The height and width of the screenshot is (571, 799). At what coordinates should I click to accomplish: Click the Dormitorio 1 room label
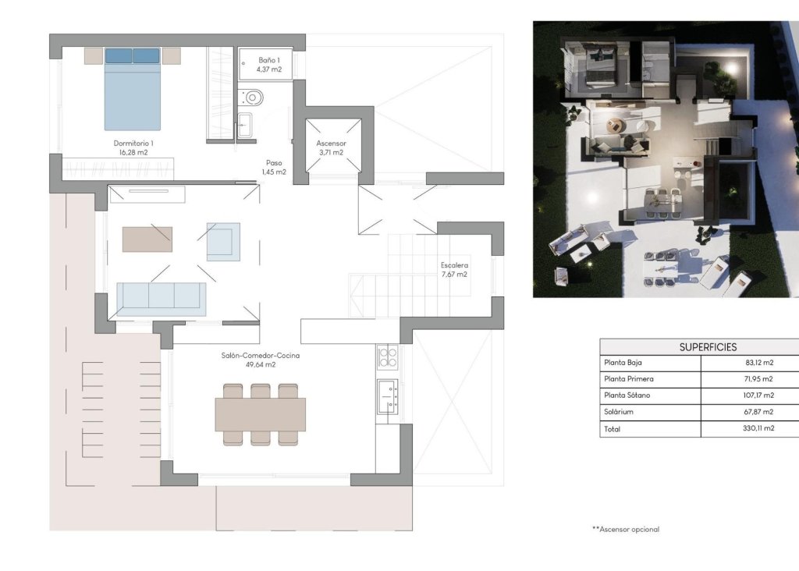click(133, 148)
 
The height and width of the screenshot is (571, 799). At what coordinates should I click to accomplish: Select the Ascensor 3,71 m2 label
click(331, 148)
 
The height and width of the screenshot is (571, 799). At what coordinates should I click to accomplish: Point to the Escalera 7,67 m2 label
click(453, 269)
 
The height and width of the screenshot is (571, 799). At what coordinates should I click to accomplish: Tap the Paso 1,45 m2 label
click(273, 167)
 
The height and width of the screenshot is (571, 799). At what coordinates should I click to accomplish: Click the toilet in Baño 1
click(252, 98)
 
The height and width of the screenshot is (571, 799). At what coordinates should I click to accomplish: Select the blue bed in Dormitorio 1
click(133, 89)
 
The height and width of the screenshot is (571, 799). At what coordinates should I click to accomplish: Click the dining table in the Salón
click(260, 414)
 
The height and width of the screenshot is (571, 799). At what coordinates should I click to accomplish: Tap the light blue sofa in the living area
click(161, 299)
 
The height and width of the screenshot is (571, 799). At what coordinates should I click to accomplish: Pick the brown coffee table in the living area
click(147, 239)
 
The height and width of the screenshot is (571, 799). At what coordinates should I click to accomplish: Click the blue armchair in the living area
click(223, 241)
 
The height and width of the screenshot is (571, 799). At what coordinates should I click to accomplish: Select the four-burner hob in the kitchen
click(388, 357)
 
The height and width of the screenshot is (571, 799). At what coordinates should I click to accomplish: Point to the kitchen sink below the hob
click(387, 395)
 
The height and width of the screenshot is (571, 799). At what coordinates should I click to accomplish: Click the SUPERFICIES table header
click(707, 347)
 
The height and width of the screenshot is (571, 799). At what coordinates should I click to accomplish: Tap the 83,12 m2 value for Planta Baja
click(758, 363)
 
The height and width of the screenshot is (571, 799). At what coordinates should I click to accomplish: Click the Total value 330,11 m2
click(758, 428)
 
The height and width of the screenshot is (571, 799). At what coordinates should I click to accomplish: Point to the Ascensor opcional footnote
click(626, 529)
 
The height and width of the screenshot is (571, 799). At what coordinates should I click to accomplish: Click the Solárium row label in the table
click(620, 412)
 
